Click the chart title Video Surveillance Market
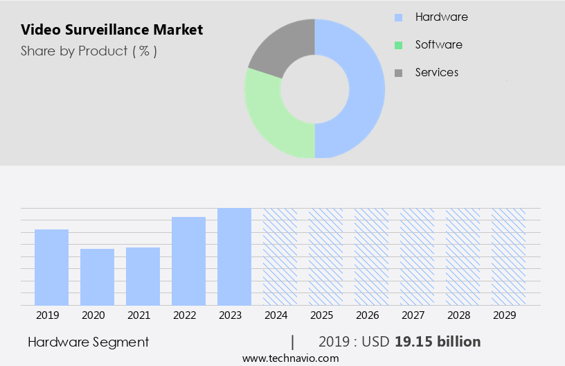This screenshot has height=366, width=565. pos(111,30)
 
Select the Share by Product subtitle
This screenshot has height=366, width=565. pos(89,51)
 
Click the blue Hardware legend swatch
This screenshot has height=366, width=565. pos(398,17)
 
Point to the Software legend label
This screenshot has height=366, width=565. pos(438,44)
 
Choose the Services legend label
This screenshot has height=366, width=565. pos(436,72)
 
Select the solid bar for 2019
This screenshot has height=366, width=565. pos(51,267)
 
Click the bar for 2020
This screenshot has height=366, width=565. pos(97,277)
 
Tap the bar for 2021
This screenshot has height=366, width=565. pos(143,276)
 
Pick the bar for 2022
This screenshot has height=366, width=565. pos(188,261)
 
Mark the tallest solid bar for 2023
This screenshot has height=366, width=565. pos(234,256)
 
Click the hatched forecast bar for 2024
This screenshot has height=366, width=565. pos(280,256)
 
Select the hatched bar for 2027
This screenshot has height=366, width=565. pos(417,256)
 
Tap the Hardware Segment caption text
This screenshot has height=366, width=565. pos(88,342)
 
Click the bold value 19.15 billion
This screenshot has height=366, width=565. pos(438,342)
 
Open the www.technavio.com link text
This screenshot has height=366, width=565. pos(290,358)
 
